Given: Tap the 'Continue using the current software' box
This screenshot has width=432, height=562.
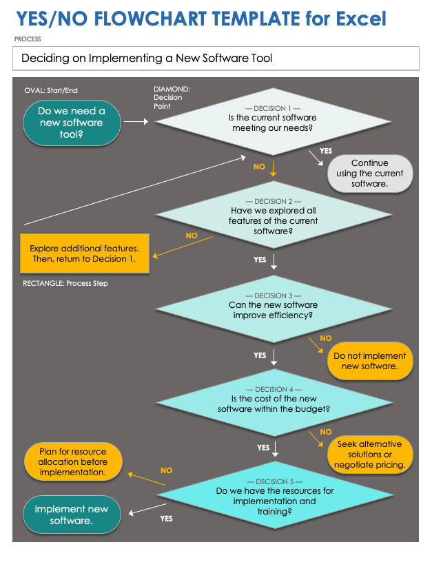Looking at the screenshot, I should (371, 174).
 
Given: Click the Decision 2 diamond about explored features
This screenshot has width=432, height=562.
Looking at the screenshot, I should (274, 214).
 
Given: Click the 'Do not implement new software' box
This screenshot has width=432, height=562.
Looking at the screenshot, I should (370, 361).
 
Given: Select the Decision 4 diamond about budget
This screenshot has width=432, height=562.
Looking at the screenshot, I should (274, 403).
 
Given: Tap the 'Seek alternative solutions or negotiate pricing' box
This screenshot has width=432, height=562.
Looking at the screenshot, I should (370, 455).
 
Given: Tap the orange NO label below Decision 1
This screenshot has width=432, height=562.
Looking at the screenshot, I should (259, 167).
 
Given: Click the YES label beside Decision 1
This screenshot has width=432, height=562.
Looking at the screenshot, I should (326, 150).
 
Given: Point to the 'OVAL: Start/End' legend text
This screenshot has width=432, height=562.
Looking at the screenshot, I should (51, 90).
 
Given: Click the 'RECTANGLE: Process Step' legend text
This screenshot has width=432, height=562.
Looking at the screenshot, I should (65, 283).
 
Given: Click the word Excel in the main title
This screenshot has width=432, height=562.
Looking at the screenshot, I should (357, 18).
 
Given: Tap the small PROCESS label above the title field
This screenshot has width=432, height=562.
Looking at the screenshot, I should (28, 39).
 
